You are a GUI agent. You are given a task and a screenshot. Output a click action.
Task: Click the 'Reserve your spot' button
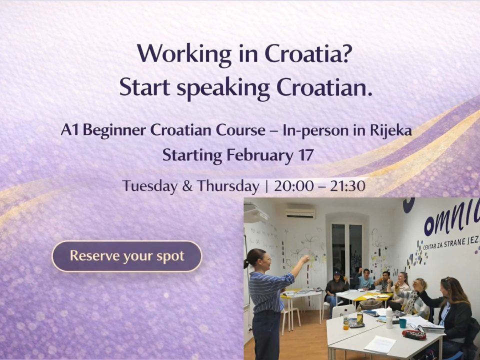[x=126, y=256]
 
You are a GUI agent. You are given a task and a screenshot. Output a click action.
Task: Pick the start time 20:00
[x=294, y=186]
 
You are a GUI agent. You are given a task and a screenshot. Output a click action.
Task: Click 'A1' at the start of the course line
[x=70, y=130]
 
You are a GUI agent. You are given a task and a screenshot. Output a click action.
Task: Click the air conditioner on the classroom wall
[x=300, y=213]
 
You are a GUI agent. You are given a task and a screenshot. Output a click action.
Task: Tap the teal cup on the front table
[x=402, y=323]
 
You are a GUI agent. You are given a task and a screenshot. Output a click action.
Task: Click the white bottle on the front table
[x=389, y=317]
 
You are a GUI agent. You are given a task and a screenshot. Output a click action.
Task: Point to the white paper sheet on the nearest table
[x=380, y=344]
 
